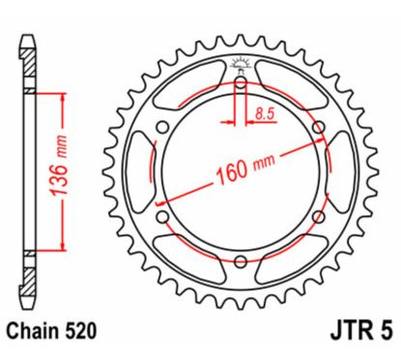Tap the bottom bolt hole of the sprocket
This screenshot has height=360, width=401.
(x=241, y=259)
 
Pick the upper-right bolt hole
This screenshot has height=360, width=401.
(x=316, y=128)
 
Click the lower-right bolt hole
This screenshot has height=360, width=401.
(x=316, y=215)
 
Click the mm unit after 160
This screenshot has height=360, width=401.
(x=262, y=165)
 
